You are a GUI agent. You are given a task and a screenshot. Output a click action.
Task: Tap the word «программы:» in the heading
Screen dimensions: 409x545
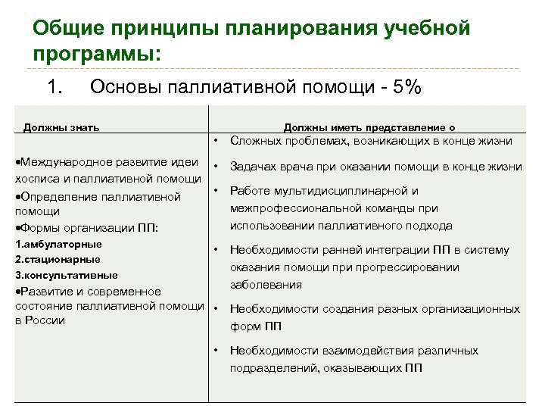[x=97, y=55]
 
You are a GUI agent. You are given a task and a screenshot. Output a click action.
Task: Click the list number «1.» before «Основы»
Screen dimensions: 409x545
[x=54, y=88]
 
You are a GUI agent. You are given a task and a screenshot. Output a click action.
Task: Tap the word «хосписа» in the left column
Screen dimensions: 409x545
[x=37, y=179]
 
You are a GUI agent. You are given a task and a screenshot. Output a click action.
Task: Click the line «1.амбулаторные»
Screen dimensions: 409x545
[x=58, y=244]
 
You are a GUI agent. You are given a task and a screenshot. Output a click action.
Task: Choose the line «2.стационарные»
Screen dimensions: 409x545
[x=58, y=259]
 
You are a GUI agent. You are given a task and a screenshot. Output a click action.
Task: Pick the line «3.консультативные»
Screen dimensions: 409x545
[x=67, y=275]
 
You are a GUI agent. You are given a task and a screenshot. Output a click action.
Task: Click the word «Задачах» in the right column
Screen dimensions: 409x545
[x=254, y=167]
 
